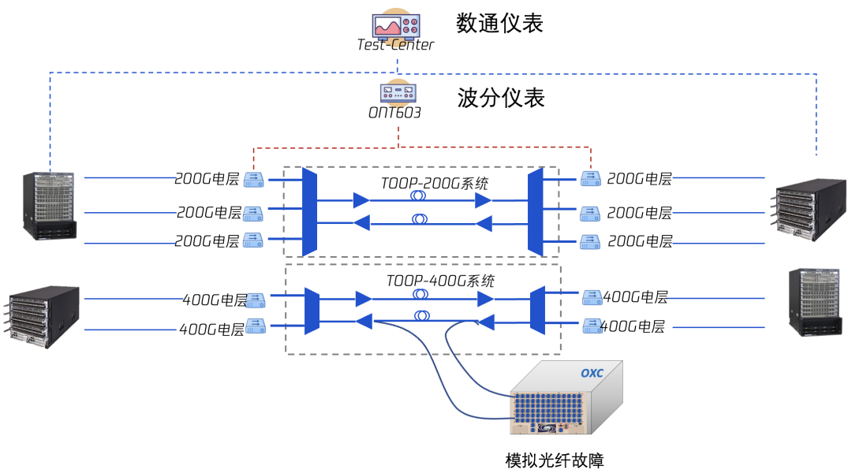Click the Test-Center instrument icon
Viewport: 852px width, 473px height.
(x=396, y=25)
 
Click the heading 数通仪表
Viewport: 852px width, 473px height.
(x=500, y=23)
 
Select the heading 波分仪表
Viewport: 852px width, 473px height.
(x=501, y=98)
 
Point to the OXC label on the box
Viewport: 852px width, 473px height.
(x=591, y=372)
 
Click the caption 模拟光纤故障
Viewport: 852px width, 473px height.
(x=555, y=460)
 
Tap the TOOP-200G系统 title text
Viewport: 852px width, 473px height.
(x=434, y=184)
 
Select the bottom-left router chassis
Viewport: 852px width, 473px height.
(x=45, y=311)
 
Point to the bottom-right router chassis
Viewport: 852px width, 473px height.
(x=814, y=302)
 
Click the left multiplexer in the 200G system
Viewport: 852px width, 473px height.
(x=310, y=211)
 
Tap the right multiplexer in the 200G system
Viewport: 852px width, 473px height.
(x=536, y=211)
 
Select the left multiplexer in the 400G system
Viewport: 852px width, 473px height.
(x=312, y=310)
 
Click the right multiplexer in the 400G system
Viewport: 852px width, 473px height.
(x=538, y=310)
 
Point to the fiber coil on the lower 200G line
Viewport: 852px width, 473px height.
(x=419, y=221)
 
